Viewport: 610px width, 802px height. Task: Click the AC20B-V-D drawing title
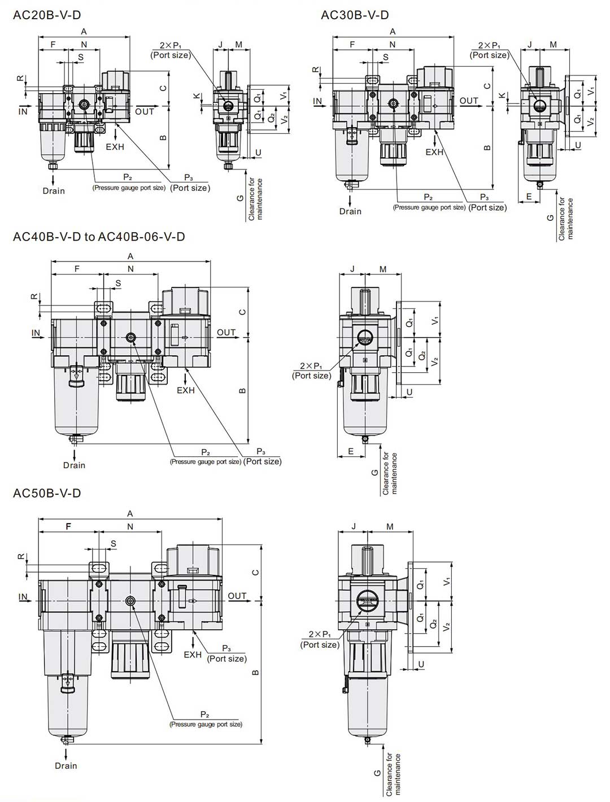(x=47, y=15)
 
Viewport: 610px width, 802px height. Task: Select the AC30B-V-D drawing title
(x=355, y=15)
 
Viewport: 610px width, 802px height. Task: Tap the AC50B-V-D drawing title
(x=47, y=493)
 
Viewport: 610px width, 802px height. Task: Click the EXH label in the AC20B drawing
(x=115, y=147)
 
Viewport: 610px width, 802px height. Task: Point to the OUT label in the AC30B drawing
(x=469, y=101)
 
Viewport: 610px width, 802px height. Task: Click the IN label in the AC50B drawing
(x=23, y=596)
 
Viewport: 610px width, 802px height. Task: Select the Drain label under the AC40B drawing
(x=74, y=465)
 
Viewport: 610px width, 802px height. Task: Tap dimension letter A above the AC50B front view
(x=130, y=513)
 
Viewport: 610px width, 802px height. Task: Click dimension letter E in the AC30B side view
(x=529, y=197)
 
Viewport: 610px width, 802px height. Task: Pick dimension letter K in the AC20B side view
(x=197, y=96)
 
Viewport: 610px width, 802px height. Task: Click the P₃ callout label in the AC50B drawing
(x=226, y=648)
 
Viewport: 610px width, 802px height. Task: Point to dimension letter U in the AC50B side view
(x=421, y=664)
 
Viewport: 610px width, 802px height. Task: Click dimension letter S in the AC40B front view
(x=118, y=283)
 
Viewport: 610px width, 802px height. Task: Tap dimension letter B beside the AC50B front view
(x=256, y=672)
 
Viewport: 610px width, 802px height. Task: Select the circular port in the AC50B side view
(x=368, y=600)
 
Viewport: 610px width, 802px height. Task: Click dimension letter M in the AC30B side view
(x=554, y=45)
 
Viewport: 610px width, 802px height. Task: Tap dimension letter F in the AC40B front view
(x=77, y=268)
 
